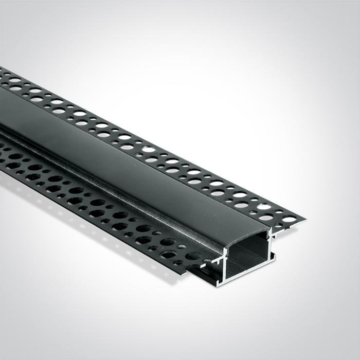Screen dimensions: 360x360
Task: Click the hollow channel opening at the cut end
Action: pos(247,260)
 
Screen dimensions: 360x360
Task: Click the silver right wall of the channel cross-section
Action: pos(271,252)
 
